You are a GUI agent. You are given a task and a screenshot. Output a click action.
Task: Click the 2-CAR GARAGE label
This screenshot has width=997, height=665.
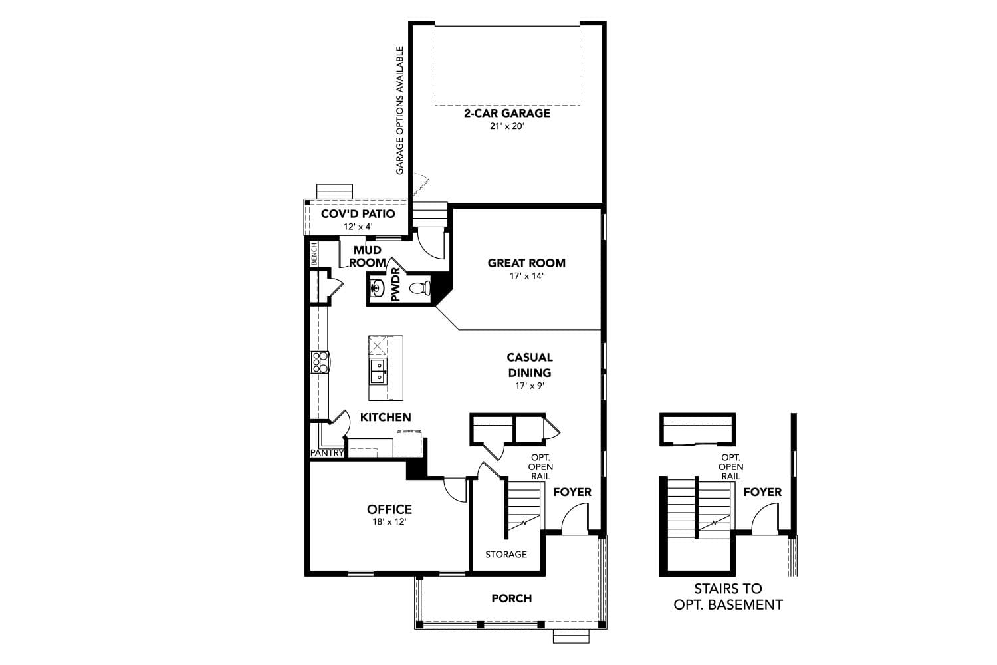[x=506, y=113]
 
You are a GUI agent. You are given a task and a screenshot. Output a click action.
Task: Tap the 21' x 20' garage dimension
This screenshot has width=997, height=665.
[x=506, y=126]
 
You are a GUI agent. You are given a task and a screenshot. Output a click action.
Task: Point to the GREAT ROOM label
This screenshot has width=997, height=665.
[x=526, y=263]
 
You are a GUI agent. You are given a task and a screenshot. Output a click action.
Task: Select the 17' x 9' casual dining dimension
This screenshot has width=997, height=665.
[x=529, y=386]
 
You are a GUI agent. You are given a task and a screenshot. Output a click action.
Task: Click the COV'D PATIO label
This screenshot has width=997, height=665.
[x=358, y=214]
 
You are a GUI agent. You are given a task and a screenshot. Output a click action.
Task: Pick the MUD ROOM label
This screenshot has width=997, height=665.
[x=368, y=256]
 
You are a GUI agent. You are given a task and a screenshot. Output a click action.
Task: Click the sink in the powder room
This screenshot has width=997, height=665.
[x=377, y=289]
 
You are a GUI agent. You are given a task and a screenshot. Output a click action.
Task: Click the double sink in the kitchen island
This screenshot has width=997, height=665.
[x=377, y=371]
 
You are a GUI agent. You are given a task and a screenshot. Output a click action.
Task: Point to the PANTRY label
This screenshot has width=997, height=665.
[x=327, y=453]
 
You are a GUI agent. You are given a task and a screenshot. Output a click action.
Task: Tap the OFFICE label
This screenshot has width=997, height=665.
[x=389, y=509]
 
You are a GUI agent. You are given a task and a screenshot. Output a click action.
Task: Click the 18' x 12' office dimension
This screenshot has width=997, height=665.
[x=389, y=522]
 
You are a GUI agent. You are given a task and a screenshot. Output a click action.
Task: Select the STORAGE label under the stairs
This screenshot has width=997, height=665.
[x=506, y=554]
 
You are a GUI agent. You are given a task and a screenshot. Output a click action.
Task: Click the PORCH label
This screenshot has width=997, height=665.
[x=511, y=598]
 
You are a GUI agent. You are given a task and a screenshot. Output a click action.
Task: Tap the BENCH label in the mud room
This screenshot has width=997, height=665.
[x=314, y=254]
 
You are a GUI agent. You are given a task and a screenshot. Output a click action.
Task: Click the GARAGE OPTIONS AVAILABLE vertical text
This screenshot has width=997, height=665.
[x=400, y=110]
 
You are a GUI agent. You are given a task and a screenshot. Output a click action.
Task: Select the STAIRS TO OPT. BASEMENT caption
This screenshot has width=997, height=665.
[x=728, y=597]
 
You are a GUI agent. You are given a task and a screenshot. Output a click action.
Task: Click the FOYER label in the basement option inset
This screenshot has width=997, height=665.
[x=762, y=492]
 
